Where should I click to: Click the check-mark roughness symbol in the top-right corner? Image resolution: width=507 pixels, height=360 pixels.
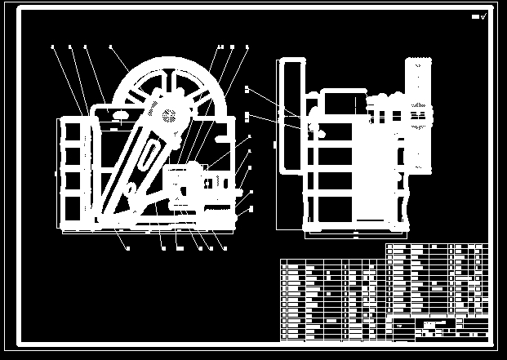(483, 16)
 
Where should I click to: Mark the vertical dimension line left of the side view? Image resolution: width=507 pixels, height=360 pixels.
(275, 147)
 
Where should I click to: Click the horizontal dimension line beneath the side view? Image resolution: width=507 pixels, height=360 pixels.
(355, 238)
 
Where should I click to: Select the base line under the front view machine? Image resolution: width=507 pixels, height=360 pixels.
(147, 231)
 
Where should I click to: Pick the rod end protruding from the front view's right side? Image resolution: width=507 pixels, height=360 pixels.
(244, 193)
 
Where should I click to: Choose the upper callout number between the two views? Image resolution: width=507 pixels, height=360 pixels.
(247, 87)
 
